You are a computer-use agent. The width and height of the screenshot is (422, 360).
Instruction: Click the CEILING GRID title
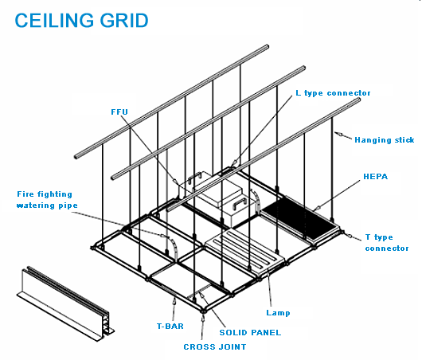click(81, 21)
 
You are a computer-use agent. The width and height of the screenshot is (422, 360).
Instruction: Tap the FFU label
click(119, 112)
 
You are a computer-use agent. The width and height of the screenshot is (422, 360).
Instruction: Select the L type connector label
click(333, 93)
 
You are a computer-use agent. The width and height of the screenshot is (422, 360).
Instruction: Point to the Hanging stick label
click(385, 140)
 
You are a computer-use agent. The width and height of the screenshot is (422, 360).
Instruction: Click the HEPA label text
click(376, 177)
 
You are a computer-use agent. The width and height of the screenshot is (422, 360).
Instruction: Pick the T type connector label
click(387, 243)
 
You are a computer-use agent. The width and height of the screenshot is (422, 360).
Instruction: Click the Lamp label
click(278, 313)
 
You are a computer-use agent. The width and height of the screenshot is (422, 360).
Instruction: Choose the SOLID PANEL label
click(250, 333)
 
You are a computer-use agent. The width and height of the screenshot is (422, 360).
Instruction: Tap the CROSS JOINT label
click(215, 346)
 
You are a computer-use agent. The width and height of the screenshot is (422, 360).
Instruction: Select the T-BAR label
click(170, 327)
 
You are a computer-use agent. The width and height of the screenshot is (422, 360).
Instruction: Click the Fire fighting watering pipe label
click(47, 200)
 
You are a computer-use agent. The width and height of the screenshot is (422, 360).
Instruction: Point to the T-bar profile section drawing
click(65, 303)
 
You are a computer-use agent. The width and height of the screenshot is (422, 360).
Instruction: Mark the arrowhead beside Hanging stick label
click(339, 134)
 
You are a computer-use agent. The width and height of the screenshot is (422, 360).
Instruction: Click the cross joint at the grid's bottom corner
click(203, 311)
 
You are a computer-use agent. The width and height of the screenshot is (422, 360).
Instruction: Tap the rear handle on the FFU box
click(194, 178)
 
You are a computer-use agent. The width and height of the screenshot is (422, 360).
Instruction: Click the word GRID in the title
click(124, 21)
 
